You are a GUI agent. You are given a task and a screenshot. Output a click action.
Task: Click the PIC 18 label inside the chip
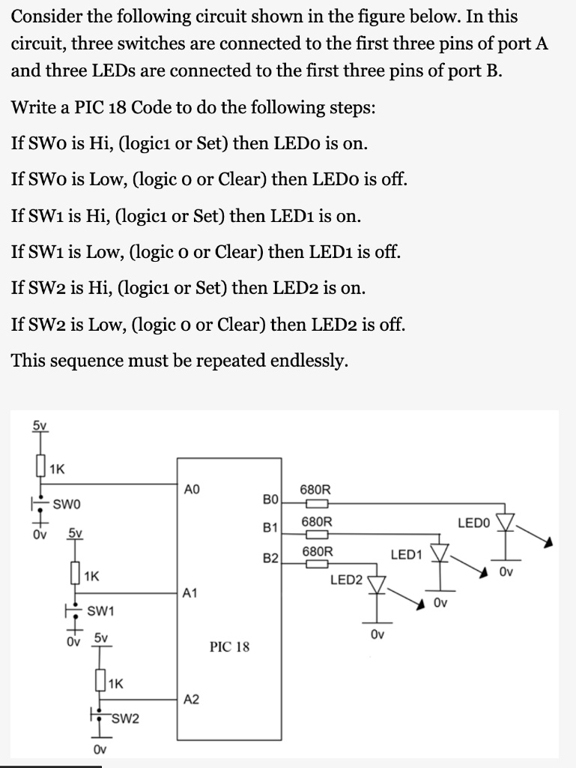pyautogui.click(x=230, y=646)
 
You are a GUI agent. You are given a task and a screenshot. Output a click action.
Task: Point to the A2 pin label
pyautogui.click(x=191, y=699)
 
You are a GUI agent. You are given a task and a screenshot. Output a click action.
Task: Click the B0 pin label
pyautogui.click(x=270, y=499)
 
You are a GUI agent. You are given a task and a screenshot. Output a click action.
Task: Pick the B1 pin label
pyautogui.click(x=270, y=529)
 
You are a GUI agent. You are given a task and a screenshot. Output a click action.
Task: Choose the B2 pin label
pyautogui.click(x=270, y=558)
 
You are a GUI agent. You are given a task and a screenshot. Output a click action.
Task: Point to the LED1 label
pyautogui.click(x=407, y=554)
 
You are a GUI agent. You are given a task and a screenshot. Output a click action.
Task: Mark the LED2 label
pyautogui.click(x=346, y=580)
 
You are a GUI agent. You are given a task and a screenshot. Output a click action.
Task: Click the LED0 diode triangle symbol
pyautogui.click(x=507, y=522)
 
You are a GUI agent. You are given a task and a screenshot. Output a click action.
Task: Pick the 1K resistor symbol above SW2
pyautogui.click(x=100, y=683)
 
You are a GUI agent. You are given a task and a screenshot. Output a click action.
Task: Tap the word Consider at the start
pyautogui.click(x=48, y=16)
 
